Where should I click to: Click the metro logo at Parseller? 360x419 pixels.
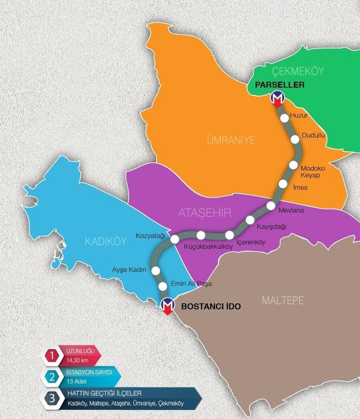click(x=277, y=98)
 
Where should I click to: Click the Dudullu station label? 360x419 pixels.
click(x=313, y=135)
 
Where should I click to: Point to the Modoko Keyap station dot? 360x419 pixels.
click(x=294, y=164)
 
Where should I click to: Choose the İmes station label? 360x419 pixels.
click(x=300, y=188)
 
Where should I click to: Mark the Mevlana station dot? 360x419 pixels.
click(x=271, y=206)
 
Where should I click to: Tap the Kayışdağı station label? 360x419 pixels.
click(x=271, y=226)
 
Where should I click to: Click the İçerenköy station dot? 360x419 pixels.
click(x=230, y=235)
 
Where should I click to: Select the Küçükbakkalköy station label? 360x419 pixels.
click(x=209, y=247)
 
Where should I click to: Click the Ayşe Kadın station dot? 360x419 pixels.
click(x=156, y=270)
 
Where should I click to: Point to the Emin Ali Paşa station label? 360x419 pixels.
click(x=191, y=284)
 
